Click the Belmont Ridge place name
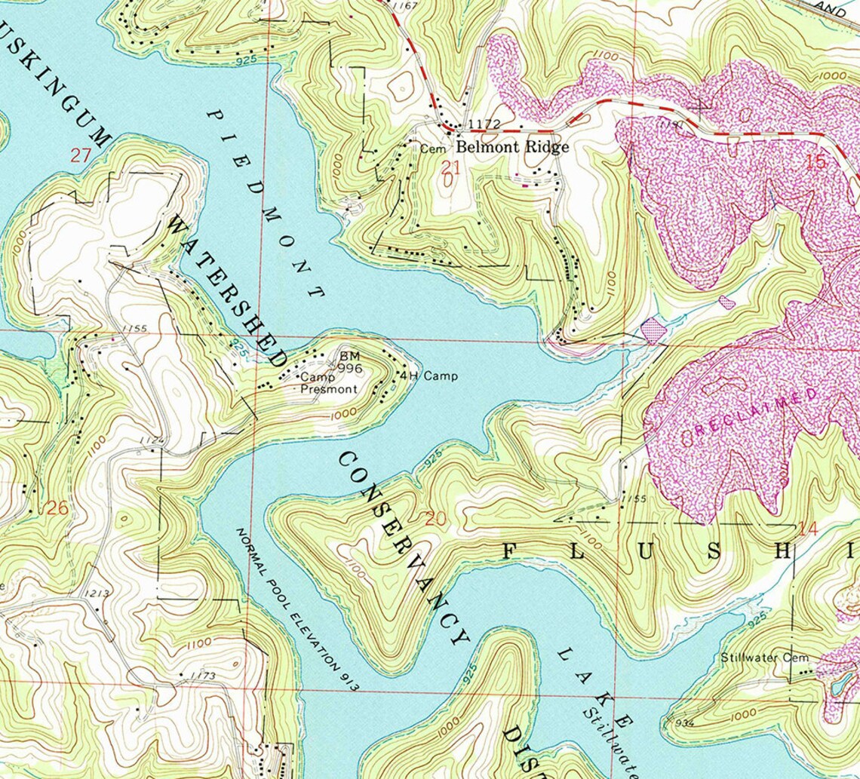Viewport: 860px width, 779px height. pyautogui.click(x=511, y=147)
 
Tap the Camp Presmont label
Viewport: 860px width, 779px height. pyautogui.click(x=328, y=383)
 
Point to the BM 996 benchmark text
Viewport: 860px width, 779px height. pyautogui.click(x=351, y=362)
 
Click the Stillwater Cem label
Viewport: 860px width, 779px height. pyautogui.click(x=764, y=658)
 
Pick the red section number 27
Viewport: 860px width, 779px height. pyautogui.click(x=81, y=156)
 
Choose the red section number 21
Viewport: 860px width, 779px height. pyautogui.click(x=451, y=167)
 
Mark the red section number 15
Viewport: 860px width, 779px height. pyautogui.click(x=815, y=161)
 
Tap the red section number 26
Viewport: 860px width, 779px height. pyautogui.click(x=57, y=508)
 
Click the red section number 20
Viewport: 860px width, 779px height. pyautogui.click(x=436, y=519)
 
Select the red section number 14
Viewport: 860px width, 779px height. pyautogui.click(x=807, y=529)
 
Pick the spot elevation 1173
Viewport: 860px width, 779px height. pyautogui.click(x=204, y=676)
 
